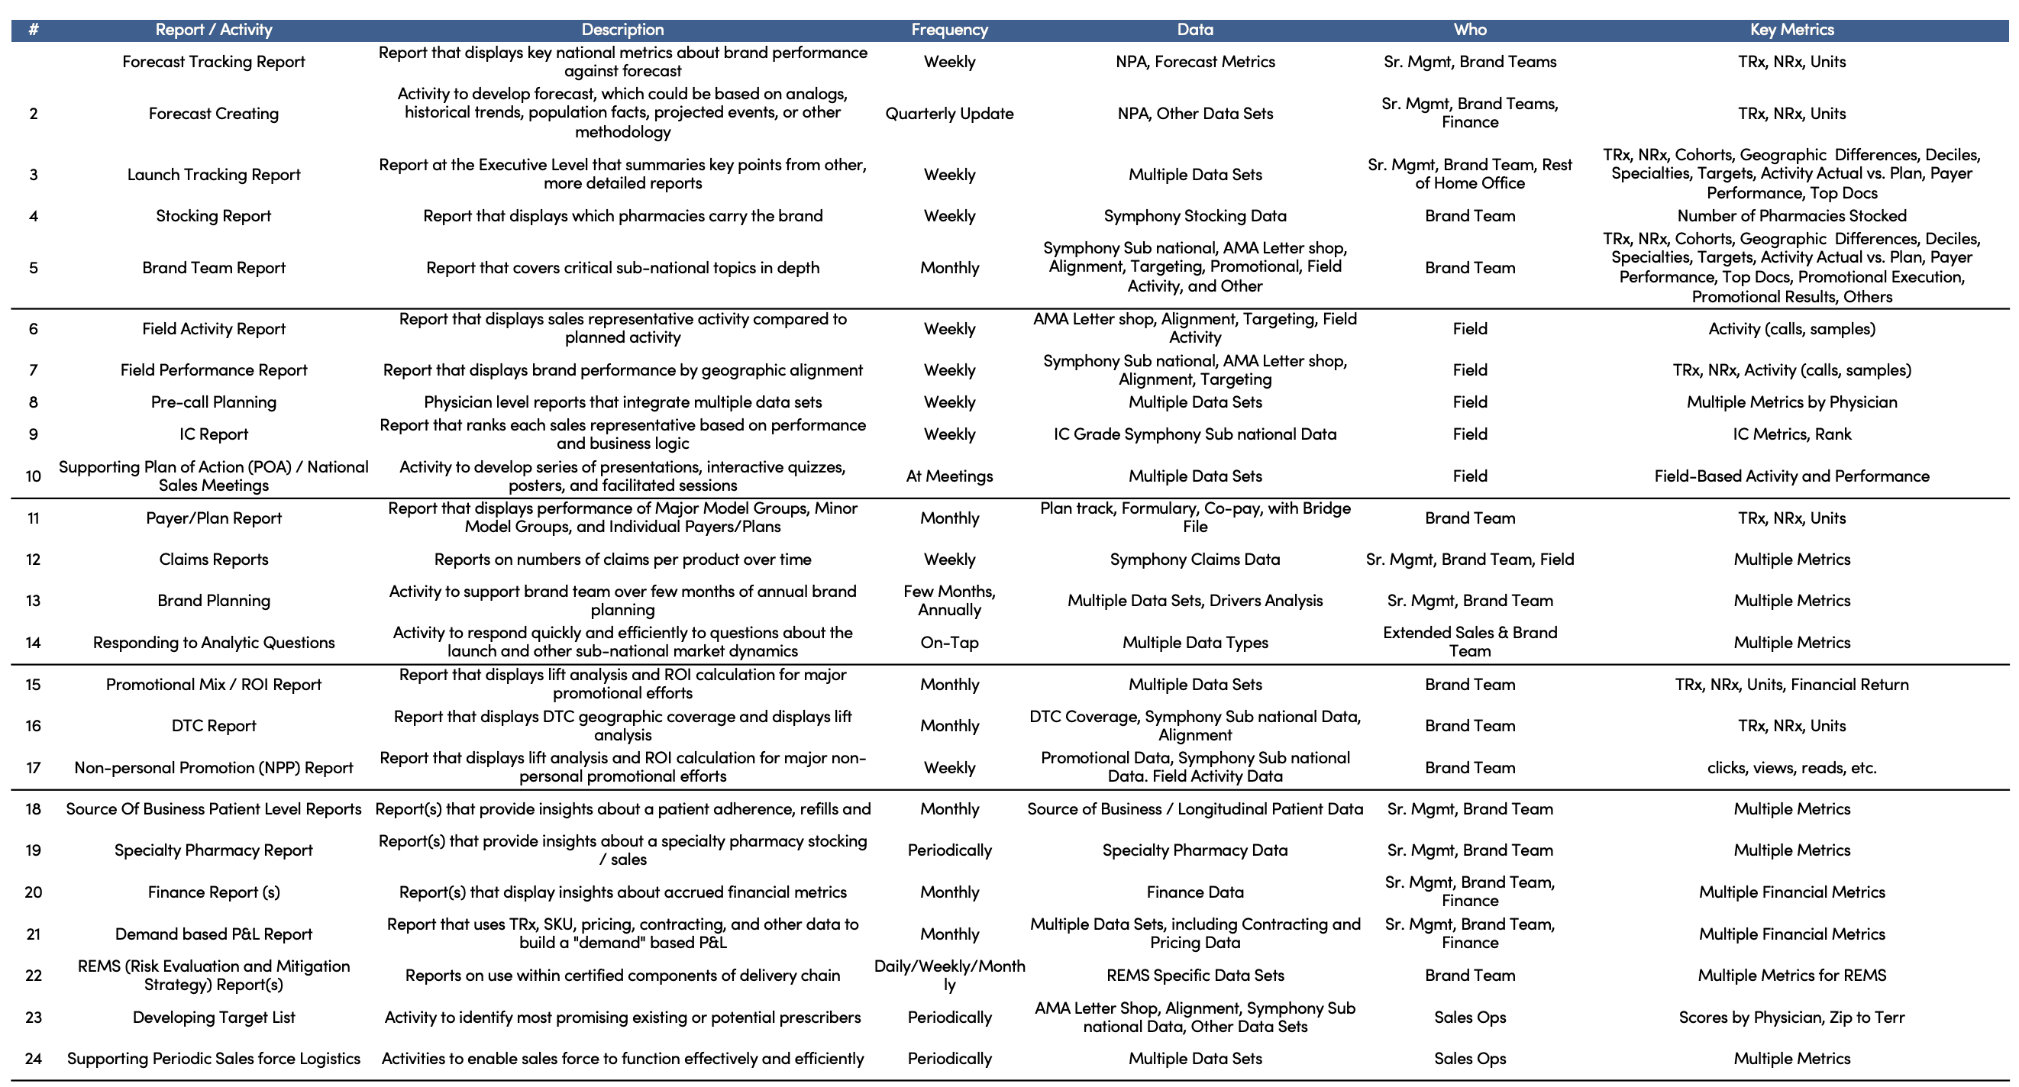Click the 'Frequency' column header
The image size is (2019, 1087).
(x=949, y=30)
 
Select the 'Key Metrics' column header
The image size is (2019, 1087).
(x=1791, y=30)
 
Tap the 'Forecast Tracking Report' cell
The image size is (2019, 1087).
(x=213, y=62)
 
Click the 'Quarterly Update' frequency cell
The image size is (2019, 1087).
(x=949, y=114)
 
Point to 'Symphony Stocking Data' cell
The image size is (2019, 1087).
(x=1194, y=216)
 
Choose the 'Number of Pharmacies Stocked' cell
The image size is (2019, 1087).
(x=1791, y=216)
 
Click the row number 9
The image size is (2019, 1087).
(x=33, y=434)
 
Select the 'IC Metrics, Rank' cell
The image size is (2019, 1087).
(x=1791, y=434)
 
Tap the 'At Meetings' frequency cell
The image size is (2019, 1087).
(x=949, y=476)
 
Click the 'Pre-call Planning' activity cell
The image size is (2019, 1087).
(x=213, y=402)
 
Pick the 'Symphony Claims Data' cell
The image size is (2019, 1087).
(x=1194, y=560)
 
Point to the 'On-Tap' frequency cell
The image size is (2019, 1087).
(x=949, y=643)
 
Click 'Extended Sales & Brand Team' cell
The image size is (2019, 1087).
(x=1469, y=642)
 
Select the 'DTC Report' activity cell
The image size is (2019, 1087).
(x=213, y=726)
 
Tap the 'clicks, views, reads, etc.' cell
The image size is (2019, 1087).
(x=1791, y=768)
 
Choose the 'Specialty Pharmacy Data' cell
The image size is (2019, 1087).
(x=1194, y=850)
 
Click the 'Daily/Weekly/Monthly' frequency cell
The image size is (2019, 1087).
(x=949, y=976)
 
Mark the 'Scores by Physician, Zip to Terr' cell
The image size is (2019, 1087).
(x=1791, y=1018)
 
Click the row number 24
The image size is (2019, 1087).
(x=33, y=1059)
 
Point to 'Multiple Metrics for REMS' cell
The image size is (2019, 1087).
(x=1791, y=976)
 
